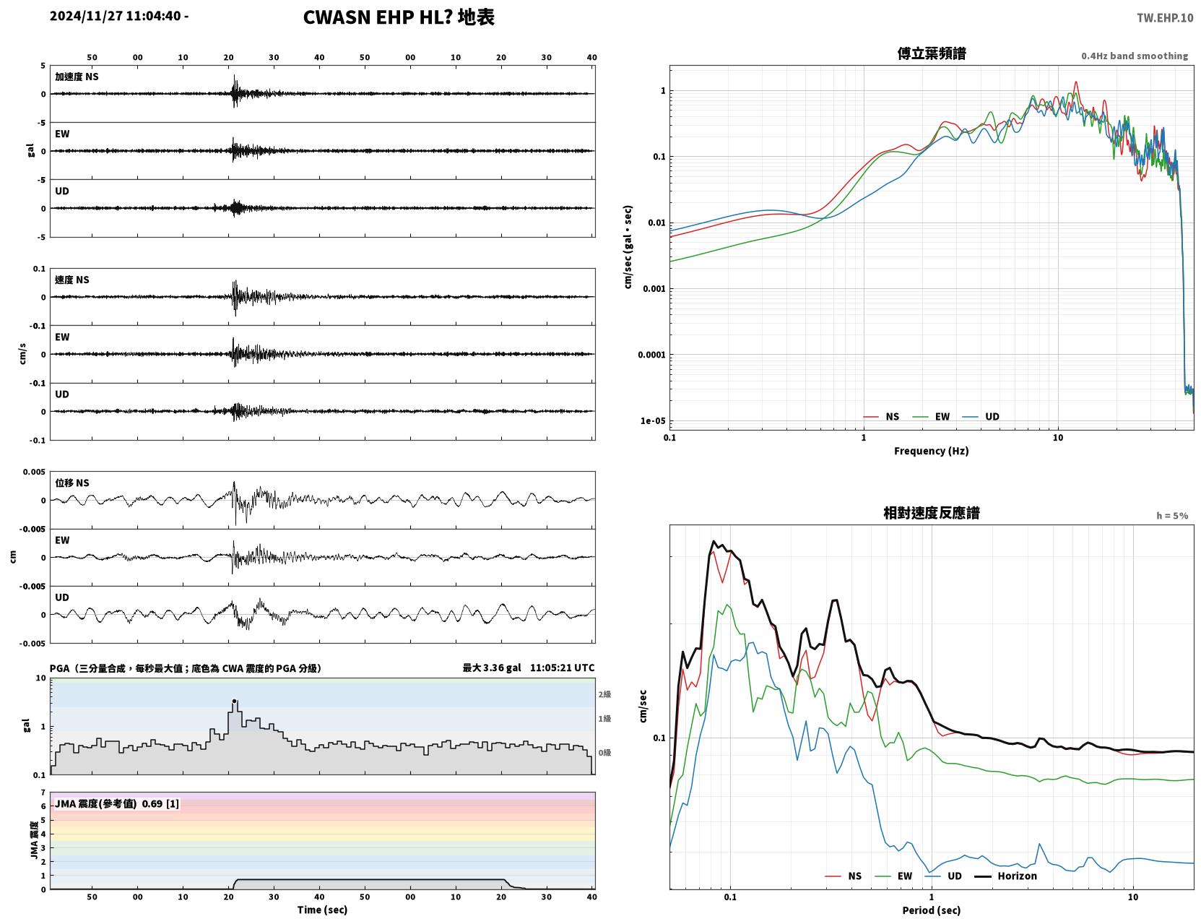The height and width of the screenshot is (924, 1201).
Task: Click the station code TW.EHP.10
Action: pyautogui.click(x=1164, y=17)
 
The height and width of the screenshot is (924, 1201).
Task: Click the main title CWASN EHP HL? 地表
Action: pyautogui.click(x=399, y=17)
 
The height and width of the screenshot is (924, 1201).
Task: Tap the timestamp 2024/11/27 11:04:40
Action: pyautogui.click(x=116, y=15)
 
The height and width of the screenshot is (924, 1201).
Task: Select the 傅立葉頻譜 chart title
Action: pyautogui.click(x=932, y=53)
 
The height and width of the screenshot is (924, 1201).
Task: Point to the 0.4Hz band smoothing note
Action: pyautogui.click(x=1134, y=56)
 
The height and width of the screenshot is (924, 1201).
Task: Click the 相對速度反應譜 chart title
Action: pyautogui.click(x=932, y=513)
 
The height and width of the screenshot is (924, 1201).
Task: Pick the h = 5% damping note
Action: pyautogui.click(x=1171, y=516)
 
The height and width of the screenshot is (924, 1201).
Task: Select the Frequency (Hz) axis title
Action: pyautogui.click(x=932, y=451)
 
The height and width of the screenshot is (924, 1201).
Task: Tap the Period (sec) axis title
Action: pyautogui.click(x=932, y=910)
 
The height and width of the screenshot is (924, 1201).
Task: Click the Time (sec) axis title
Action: pyautogui.click(x=322, y=910)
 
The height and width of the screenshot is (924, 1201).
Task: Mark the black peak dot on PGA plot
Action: pyautogui.click(x=234, y=701)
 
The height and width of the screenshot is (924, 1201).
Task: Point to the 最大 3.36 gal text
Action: pyautogui.click(x=491, y=668)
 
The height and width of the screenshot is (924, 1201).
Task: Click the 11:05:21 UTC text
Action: pyautogui.click(x=562, y=668)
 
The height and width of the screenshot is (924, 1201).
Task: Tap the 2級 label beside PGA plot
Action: pyautogui.click(x=604, y=695)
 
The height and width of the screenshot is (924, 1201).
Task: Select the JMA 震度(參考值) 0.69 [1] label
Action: pyautogui.click(x=116, y=803)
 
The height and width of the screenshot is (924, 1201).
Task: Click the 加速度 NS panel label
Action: pyautogui.click(x=77, y=77)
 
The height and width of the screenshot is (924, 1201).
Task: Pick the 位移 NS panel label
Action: pyautogui.click(x=71, y=483)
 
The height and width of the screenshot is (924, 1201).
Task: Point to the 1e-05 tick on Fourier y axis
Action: pyautogui.click(x=653, y=421)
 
